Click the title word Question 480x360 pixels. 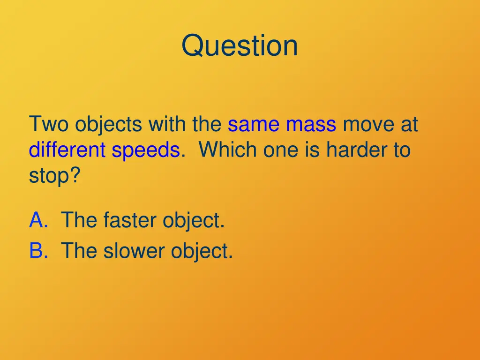(240, 46)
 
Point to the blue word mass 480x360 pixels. (311, 125)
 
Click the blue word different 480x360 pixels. (67, 150)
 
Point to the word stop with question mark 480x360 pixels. (54, 176)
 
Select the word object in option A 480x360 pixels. (193, 220)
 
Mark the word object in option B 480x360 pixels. (201, 251)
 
